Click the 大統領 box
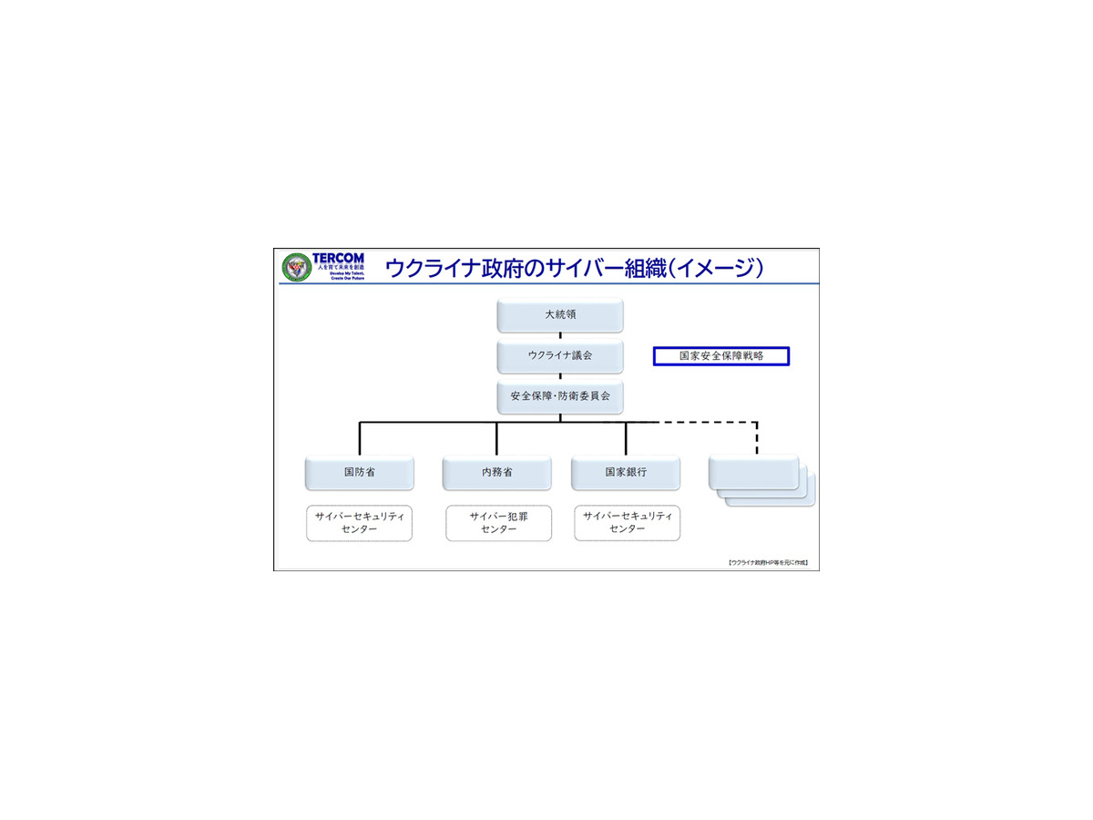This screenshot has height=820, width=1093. (x=560, y=315)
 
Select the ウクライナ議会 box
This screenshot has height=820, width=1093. (x=560, y=355)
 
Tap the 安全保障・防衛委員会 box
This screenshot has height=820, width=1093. (x=560, y=397)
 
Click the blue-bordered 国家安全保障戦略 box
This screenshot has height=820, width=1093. (x=721, y=356)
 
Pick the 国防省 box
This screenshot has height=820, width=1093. (x=360, y=473)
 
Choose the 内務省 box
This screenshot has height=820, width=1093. (x=497, y=473)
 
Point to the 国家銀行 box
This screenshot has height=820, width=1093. (x=626, y=473)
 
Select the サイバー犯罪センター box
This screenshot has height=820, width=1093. (x=498, y=523)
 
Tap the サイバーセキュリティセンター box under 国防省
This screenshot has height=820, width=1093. (x=359, y=523)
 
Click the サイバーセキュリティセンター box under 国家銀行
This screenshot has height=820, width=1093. (x=627, y=523)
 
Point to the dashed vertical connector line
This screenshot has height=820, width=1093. (x=757, y=438)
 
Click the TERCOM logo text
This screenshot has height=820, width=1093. (x=337, y=259)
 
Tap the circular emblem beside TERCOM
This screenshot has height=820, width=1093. (x=296, y=267)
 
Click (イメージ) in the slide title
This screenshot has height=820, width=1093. (x=714, y=268)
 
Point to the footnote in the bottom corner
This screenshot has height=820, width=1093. (x=768, y=563)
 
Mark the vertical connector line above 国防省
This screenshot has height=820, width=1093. (x=360, y=438)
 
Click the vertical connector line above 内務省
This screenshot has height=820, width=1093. (x=497, y=438)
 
